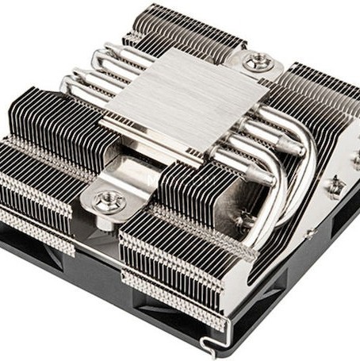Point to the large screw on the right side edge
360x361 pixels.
click(x=336, y=187)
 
